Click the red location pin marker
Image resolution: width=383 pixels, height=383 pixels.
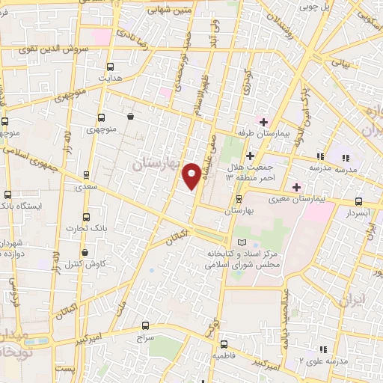click(192, 175)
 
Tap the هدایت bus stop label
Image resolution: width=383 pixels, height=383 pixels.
click(111, 78)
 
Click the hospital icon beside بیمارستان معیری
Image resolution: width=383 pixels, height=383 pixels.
click(297, 186)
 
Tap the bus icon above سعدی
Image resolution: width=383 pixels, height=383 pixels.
click(86, 175)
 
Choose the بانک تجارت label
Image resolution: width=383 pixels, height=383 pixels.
click(82, 227)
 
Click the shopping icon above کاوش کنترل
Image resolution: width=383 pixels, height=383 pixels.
click(85, 253)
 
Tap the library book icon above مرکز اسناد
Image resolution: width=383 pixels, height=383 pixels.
click(241, 242)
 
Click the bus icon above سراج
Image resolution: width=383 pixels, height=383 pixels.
click(145, 326)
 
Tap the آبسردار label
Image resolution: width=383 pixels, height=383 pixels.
click(358, 212)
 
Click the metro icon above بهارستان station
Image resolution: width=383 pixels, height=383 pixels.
click(238, 199)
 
